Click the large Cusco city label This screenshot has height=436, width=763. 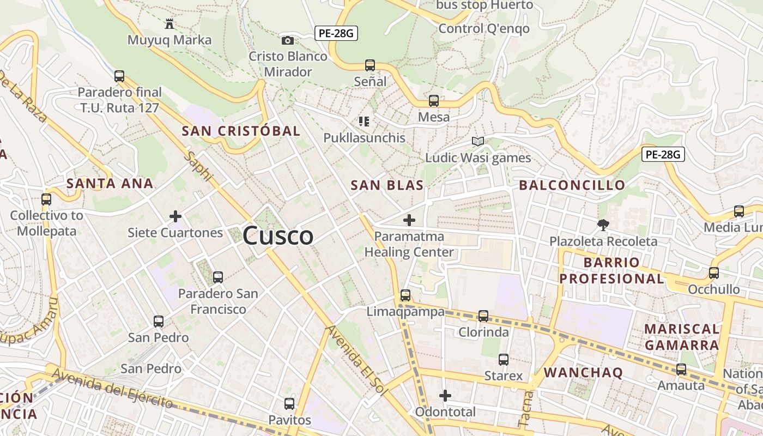tap(278, 236)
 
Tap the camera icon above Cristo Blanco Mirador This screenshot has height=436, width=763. tap(287, 40)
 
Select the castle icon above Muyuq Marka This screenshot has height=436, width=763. tap(169, 24)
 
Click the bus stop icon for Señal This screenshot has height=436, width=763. tap(370, 65)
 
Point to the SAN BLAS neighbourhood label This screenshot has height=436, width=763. tap(387, 185)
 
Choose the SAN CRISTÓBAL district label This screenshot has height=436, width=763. tap(241, 131)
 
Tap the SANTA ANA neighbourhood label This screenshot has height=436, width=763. tap(110, 184)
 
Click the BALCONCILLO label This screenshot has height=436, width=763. tap(572, 185)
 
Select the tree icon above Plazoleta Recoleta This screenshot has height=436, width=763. tap(603, 225)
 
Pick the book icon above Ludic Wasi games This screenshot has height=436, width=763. tap(478, 142)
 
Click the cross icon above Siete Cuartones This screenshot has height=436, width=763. tap(175, 217)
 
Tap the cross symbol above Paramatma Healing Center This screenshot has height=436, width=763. tap(409, 220)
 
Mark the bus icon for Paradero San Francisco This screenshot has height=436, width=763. tap(218, 277)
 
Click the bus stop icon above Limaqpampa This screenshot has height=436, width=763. tap(405, 295)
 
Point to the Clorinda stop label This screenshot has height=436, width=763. tap(483, 332)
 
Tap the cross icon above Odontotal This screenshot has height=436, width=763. tap(445, 396)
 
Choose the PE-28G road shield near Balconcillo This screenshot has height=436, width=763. tap(662, 154)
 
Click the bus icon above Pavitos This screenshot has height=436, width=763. tap(289, 404)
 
